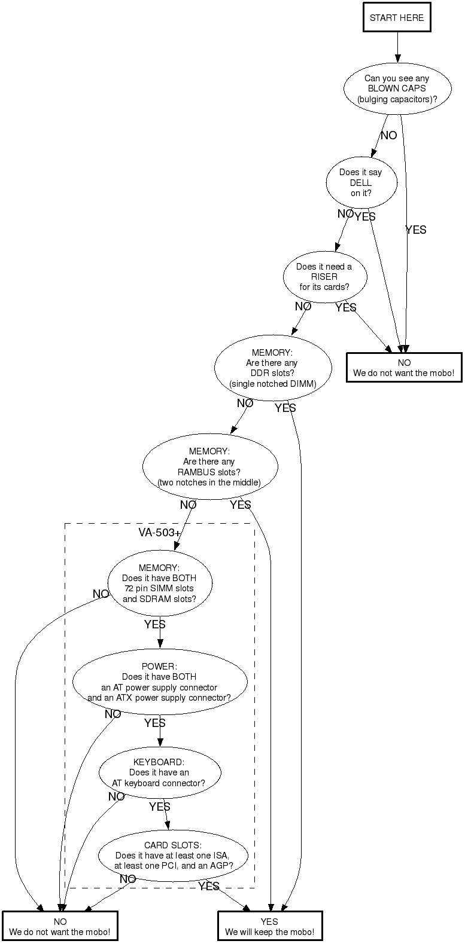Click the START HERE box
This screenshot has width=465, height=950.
pyautogui.click(x=396, y=18)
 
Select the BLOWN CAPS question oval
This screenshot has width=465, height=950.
pyautogui.click(x=397, y=88)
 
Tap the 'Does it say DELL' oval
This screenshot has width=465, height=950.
pyautogui.click(x=361, y=183)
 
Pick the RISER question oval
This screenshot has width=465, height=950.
pyautogui.click(x=324, y=277)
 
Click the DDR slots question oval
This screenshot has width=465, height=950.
pyautogui.click(x=272, y=368)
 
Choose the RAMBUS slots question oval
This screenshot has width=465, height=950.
pyautogui.click(x=210, y=466)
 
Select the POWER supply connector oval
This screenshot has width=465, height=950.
pyautogui.click(x=159, y=682)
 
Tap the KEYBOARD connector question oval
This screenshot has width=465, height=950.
pyautogui.click(x=159, y=772)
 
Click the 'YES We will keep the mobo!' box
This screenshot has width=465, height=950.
pyautogui.click(x=269, y=927)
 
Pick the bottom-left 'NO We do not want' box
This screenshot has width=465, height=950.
pyautogui.click(x=60, y=927)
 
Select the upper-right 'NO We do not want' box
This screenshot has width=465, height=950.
pyautogui.click(x=404, y=368)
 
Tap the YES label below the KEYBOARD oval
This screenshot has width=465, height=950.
pyautogui.click(x=160, y=807)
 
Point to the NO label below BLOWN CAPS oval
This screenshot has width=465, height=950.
pyautogui.click(x=388, y=136)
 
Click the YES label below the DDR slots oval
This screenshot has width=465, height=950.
pyautogui.click(x=285, y=408)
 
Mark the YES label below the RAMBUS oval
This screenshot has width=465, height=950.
pyautogui.click(x=241, y=505)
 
